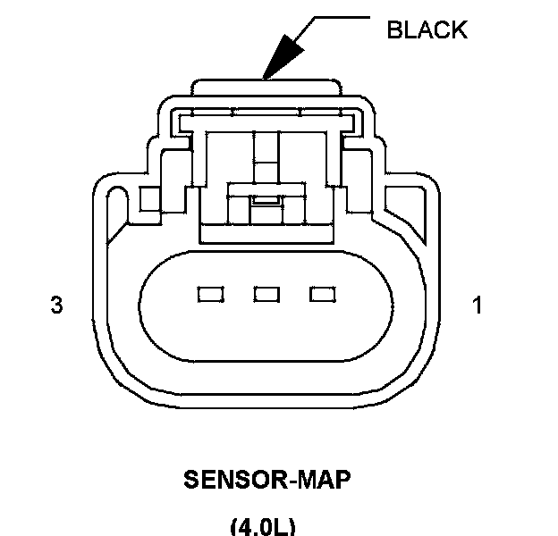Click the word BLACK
coord(426,29)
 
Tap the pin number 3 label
coord(56,306)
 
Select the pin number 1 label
coord(478,306)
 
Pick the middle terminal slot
coord(266,293)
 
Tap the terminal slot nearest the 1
coord(321,293)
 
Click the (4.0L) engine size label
coord(263,526)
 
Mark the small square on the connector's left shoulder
coord(150,196)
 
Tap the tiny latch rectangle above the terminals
coord(264,200)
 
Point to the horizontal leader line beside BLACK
coord(335,17)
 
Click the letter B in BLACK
coord(393,29)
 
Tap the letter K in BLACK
coord(459,29)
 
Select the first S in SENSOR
coord(190,480)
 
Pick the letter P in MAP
coord(342,480)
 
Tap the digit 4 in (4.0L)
coord(245,526)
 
